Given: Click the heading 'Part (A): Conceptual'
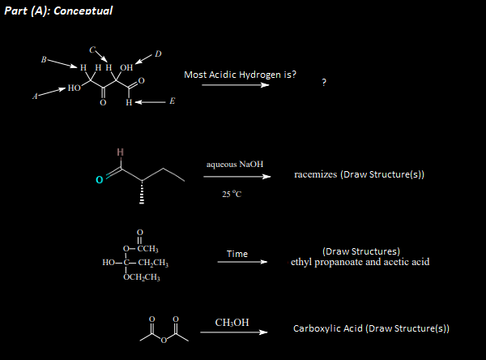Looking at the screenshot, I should (58, 11).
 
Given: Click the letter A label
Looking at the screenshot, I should (35, 96).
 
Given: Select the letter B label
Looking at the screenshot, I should (45, 59).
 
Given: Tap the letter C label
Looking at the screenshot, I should (93, 48).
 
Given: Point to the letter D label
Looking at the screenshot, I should (158, 54).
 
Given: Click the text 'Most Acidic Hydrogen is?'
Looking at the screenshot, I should (240, 75).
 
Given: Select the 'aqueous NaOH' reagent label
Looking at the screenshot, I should (235, 165).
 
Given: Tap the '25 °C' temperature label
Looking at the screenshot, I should (232, 194).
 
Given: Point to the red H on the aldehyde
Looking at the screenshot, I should (121, 152).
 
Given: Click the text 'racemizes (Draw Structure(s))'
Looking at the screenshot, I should (360, 174).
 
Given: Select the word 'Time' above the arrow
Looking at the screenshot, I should (237, 254).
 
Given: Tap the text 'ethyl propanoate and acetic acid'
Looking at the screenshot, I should (360, 262).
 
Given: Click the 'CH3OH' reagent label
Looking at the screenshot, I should (232, 323).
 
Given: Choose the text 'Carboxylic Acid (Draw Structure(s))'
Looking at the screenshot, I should (371, 328).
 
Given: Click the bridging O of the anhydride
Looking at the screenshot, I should (162, 339).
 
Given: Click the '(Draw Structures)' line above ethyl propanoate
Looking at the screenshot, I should (360, 251).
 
